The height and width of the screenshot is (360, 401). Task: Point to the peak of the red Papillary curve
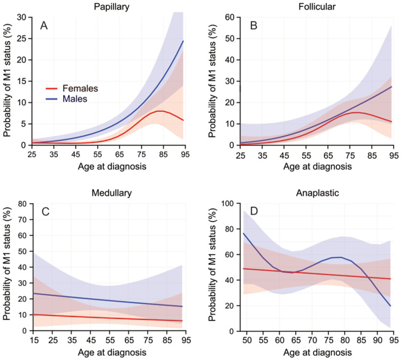click(x=159, y=111)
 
